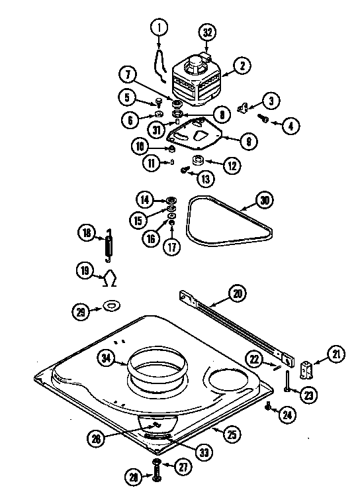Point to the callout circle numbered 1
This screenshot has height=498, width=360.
pyautogui.click(x=159, y=28)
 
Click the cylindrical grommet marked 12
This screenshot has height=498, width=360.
pyautogui.click(x=197, y=160)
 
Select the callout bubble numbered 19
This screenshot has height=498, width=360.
pyautogui.click(x=85, y=270)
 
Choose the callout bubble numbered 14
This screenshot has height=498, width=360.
pyautogui.click(x=144, y=199)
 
